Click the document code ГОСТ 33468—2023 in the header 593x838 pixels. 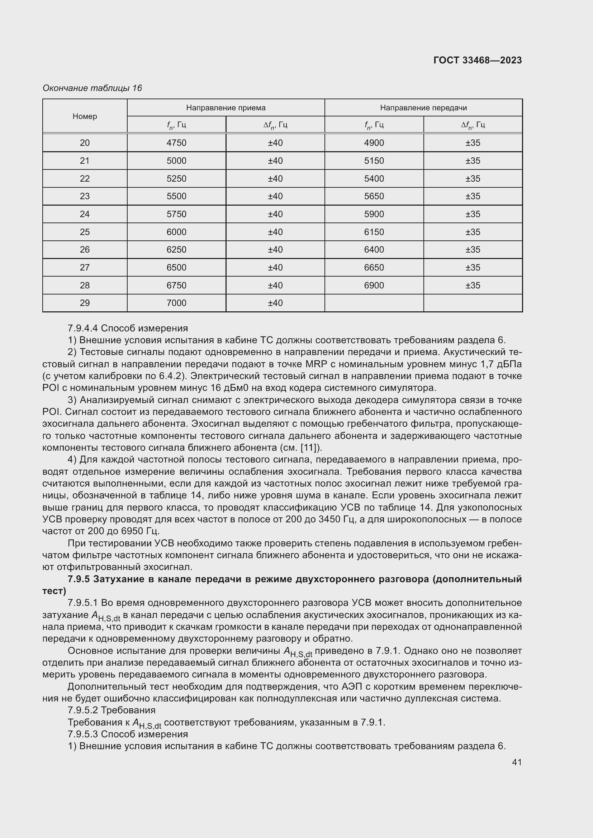477,60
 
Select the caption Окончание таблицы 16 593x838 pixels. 92,88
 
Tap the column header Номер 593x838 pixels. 85,116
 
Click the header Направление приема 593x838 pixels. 226,108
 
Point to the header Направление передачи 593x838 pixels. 423,108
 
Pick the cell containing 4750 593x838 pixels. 176,143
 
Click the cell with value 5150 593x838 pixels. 374,161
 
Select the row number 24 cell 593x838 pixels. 85,214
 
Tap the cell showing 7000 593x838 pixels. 176,303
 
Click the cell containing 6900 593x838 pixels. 374,285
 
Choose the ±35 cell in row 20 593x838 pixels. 473,143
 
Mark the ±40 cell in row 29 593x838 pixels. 275,303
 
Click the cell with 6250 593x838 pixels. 176,250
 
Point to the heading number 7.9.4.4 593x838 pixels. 83,328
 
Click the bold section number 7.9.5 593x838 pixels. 79,579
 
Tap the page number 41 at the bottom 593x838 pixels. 517,762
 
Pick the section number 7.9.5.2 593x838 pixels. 83,710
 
